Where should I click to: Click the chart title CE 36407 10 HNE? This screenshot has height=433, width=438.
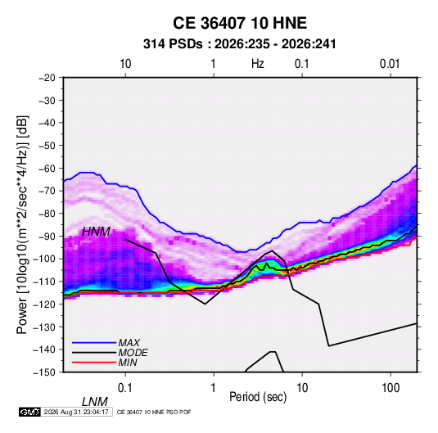[x=240, y=23]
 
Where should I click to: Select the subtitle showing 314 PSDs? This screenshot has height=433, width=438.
[x=239, y=44]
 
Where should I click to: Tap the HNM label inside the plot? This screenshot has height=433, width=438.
[x=96, y=232]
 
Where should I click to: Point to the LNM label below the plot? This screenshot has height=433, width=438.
[x=95, y=402]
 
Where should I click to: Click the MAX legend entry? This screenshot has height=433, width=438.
[x=129, y=342]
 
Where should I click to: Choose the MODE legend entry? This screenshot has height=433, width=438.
[x=133, y=353]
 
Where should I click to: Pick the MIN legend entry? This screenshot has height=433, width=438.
[x=128, y=363]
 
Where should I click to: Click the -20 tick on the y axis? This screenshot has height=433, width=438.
[x=47, y=78]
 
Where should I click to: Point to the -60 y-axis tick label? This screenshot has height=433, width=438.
[x=47, y=168]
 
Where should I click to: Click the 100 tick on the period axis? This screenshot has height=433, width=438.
[x=391, y=388]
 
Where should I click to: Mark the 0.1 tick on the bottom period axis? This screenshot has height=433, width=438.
[x=125, y=388]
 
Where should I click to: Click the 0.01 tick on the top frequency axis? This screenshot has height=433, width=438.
[x=390, y=64]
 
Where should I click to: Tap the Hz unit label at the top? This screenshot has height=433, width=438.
[x=258, y=64]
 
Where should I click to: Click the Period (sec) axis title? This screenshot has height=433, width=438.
[x=258, y=397]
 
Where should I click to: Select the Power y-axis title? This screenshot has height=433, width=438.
[x=22, y=225]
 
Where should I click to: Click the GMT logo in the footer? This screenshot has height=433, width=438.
[x=30, y=412]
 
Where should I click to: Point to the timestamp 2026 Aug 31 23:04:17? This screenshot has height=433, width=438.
[x=76, y=412]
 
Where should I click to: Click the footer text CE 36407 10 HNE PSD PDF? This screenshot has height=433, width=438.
[x=154, y=412]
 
